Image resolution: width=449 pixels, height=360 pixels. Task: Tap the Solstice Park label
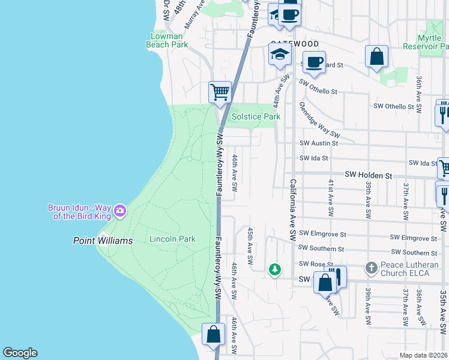[x=256, y=116]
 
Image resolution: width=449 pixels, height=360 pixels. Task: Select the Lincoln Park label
[x=172, y=239]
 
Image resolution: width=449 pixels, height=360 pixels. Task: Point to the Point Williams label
[x=103, y=241]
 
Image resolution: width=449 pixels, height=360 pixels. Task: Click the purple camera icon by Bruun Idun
[x=120, y=210]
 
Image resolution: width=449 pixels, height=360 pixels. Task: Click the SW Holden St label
[x=368, y=175]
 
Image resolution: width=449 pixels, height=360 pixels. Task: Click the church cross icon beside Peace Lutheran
[x=371, y=267]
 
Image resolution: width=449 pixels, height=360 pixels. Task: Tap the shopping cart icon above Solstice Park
[x=220, y=92]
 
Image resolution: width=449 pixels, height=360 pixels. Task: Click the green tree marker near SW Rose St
[x=274, y=269]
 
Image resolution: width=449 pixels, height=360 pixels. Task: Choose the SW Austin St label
[x=319, y=143]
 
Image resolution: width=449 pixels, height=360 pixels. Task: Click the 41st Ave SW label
[x=330, y=197]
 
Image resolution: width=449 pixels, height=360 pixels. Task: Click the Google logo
[x=20, y=353]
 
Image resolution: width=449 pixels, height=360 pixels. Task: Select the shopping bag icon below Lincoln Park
[x=213, y=334]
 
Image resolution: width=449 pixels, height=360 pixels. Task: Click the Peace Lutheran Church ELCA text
[x=406, y=271]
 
